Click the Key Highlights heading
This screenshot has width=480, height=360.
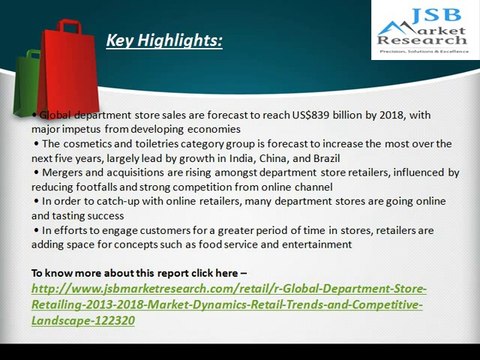click(x=164, y=41)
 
